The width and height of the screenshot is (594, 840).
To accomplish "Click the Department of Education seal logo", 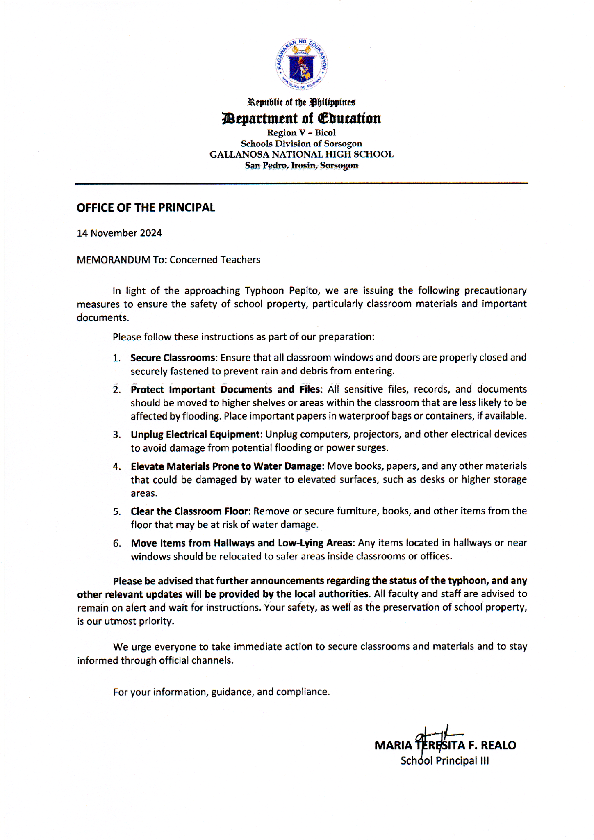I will [x=301, y=64].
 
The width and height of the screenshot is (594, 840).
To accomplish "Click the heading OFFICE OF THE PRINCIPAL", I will [x=146, y=208].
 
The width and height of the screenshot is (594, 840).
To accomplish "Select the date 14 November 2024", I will [x=119, y=233].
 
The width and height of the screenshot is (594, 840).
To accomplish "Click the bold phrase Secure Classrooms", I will [x=173, y=358].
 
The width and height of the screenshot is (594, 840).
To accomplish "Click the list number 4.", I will [x=117, y=466].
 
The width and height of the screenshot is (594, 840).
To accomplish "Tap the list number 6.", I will [x=117, y=543].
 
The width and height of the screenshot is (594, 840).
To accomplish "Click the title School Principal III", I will [x=444, y=761].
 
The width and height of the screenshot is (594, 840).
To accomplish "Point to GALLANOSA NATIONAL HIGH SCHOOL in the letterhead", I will [x=301, y=155].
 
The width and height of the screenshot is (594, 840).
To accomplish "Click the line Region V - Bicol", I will [x=301, y=133].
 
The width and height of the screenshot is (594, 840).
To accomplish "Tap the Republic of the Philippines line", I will [x=301, y=102].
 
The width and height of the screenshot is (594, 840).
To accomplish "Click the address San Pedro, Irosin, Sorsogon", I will [x=301, y=166].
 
